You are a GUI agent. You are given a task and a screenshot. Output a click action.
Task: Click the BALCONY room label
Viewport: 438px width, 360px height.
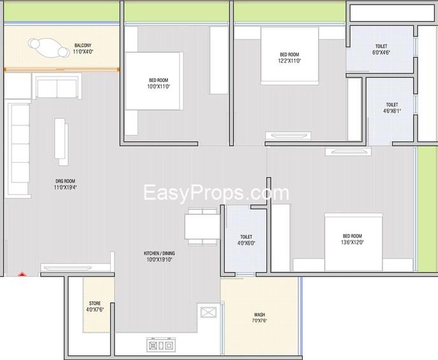tap(83, 45)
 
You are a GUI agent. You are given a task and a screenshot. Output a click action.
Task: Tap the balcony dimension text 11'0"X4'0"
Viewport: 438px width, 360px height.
tap(83, 52)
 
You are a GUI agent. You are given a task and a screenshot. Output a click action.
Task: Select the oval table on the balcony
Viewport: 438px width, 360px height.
tap(48, 48)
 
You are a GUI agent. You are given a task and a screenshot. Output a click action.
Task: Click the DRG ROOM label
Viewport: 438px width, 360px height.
tap(66, 181)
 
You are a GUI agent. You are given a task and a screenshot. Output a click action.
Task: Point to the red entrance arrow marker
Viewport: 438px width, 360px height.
tap(22, 274)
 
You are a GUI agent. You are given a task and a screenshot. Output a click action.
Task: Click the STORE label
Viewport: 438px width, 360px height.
tap(95, 303)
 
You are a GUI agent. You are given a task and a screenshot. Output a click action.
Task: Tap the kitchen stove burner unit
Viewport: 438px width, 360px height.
tap(161, 345)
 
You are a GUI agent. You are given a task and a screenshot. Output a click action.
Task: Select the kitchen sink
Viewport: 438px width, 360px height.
tap(209, 312)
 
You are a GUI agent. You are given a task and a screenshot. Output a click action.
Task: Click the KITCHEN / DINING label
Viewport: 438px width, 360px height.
tap(159, 253)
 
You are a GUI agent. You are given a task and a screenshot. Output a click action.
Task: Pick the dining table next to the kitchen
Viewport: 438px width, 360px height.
tap(202, 226)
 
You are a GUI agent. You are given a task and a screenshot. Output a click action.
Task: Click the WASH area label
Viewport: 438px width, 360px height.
tap(260, 314)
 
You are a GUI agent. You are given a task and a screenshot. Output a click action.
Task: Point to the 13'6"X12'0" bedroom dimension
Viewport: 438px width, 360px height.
tap(352, 242)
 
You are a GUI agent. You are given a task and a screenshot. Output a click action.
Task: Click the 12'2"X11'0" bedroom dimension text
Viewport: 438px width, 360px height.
tap(290, 61)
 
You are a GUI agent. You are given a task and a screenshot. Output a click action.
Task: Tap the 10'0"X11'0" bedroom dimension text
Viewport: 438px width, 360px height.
tap(159, 87)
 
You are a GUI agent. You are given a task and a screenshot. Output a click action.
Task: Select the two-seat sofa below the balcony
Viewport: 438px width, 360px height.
tap(57, 87)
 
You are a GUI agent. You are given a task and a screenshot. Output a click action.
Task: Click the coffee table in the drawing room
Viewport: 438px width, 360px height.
tap(62, 142)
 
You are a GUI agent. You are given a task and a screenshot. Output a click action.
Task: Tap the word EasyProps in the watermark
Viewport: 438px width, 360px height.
tap(194, 193)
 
